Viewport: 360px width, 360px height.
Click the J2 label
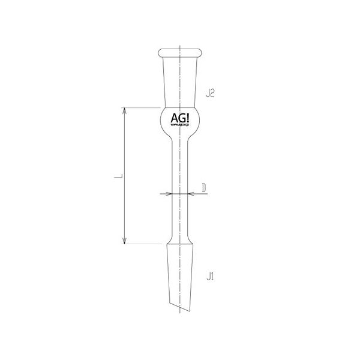pyautogui.click(x=210, y=93)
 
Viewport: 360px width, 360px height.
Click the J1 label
pyautogui.click(x=210, y=277)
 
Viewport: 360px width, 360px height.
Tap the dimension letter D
pyautogui.click(x=204, y=188)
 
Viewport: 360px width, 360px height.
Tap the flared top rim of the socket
pyautogui.click(x=179, y=52)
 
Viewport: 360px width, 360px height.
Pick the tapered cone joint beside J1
pyautogui.click(x=179, y=270)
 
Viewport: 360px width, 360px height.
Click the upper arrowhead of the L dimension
pyautogui.click(x=124, y=111)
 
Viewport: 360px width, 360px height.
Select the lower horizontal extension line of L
pyautogui.click(x=144, y=244)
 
